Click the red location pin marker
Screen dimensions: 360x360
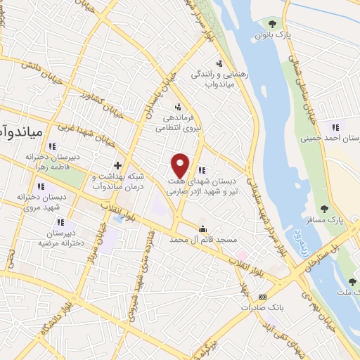(x=181, y=165)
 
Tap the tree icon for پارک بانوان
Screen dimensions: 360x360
(x=272, y=25)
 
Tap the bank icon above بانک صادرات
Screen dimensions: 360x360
(x=263, y=297)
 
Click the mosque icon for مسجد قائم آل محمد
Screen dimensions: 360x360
(x=203, y=229)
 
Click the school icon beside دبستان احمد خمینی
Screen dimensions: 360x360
(x=335, y=127)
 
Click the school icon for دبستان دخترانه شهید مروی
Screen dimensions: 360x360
(x=40, y=186)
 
